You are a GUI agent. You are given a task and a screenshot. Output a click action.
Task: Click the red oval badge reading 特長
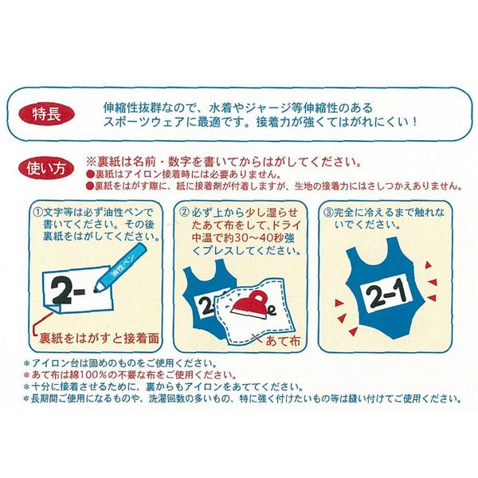pyautogui.click(x=46, y=114)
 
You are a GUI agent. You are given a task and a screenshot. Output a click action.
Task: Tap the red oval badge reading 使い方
pyautogui.click(x=46, y=168)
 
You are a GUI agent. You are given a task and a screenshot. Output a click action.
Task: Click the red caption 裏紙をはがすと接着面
pyautogui.click(x=99, y=338)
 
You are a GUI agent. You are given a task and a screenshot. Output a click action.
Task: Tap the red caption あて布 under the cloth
pyautogui.click(x=283, y=340)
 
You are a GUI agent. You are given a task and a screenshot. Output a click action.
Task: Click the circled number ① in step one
pyautogui.click(x=37, y=213)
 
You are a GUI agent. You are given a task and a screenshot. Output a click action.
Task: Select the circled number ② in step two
pyautogui.click(x=183, y=213)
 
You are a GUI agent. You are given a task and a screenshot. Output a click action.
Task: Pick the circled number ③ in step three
pyautogui.click(x=328, y=213)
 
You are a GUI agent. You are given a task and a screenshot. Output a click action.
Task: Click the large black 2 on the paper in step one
pyautogui.click(x=61, y=291)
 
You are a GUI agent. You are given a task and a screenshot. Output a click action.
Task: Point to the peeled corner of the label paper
pyautogui.click(x=54, y=308)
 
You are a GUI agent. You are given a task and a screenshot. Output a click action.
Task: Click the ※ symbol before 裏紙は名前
pyautogui.click(x=92, y=162)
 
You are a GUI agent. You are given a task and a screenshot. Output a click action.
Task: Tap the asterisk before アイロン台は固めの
pyautogui.click(x=27, y=363)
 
